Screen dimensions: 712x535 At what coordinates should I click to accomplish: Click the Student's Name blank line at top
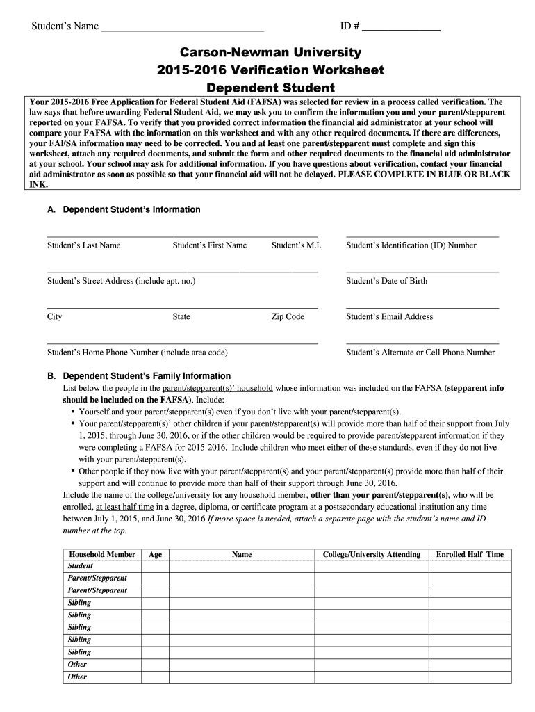tap(183, 28)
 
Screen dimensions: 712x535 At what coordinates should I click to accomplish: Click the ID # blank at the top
tap(401, 28)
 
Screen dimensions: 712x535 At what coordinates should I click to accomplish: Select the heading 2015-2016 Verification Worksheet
tap(271, 70)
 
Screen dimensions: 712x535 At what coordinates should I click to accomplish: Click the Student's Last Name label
tap(84, 245)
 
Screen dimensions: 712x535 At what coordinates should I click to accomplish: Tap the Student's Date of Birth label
tap(387, 281)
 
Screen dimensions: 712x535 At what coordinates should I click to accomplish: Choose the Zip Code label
tap(288, 316)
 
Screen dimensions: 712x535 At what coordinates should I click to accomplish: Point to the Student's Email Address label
tap(390, 316)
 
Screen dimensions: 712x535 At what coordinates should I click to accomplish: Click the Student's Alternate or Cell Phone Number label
tap(420, 353)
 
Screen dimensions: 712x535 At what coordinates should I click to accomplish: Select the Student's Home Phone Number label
tap(138, 353)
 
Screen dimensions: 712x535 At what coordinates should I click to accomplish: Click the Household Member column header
tap(101, 554)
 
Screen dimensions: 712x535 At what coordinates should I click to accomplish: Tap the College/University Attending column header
tap(372, 554)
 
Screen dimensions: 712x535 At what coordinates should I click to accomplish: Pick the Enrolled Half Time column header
tap(470, 554)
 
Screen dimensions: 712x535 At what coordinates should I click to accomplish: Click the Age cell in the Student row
tap(156, 566)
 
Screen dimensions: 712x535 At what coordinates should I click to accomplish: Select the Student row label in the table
tap(81, 566)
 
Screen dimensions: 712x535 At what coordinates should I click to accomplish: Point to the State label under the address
tap(181, 316)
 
